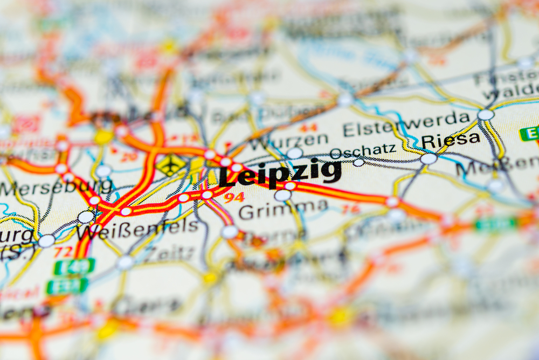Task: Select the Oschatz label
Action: [x=362, y=150]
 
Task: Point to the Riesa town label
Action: [x=450, y=140]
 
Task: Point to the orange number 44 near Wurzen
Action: [x=308, y=128]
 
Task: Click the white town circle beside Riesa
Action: [x=429, y=158]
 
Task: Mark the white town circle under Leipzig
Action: [x=282, y=195]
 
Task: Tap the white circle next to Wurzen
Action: [x=294, y=153]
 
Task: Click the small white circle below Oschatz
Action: [x=358, y=162]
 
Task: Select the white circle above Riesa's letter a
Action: [x=486, y=115]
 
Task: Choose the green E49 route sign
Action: [x=74, y=266]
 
